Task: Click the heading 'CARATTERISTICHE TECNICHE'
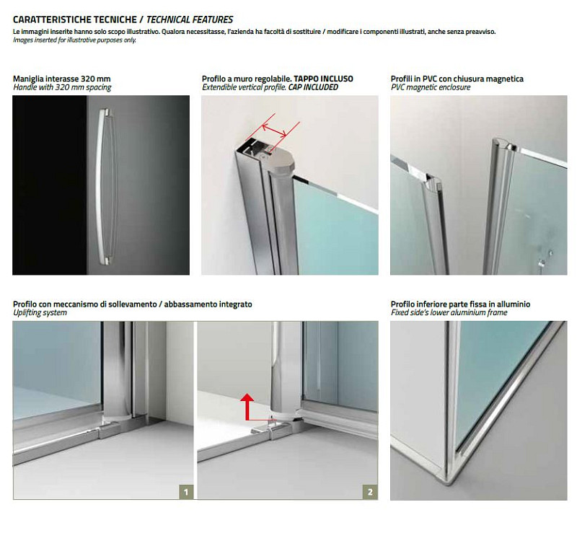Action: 75,19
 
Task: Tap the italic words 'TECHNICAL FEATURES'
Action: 190,19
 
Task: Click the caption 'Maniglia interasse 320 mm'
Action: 62,79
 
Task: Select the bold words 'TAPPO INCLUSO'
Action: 323,79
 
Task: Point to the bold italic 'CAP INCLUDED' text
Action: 313,87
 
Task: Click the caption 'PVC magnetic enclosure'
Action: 431,87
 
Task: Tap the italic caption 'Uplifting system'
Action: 40,313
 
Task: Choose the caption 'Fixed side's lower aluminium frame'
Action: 449,313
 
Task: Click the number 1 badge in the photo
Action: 186,492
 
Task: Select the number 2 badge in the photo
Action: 370,492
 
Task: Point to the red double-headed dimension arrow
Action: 274,131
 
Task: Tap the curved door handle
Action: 104,186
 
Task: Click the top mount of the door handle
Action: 105,111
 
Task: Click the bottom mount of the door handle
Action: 105,261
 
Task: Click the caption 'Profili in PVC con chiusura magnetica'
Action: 457,79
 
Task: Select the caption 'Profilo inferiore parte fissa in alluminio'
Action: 460,304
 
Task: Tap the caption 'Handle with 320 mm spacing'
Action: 62,87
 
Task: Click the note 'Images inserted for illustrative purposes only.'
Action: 74,40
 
